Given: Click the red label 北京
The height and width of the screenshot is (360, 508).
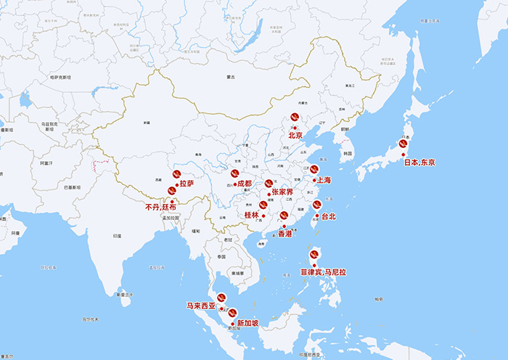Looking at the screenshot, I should [x=295, y=135].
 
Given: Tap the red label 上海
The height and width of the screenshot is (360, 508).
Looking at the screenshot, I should [x=323, y=179].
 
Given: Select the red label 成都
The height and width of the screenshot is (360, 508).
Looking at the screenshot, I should [x=244, y=184].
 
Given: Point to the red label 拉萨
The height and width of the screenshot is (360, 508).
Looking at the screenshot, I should [x=187, y=184].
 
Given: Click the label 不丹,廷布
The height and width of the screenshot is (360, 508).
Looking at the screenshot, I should [x=160, y=207].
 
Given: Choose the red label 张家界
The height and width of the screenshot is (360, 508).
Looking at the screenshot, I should [x=282, y=192].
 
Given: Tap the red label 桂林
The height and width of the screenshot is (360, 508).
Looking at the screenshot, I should [x=251, y=216].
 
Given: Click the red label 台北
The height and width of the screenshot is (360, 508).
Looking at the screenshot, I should [x=329, y=216].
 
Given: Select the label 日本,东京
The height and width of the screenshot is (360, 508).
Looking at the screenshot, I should [x=419, y=162].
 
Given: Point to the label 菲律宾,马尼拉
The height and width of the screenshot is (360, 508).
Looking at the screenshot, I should [x=324, y=273].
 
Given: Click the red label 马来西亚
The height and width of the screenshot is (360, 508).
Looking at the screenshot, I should [x=201, y=306].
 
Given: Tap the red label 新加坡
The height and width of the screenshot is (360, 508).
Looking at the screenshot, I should [x=247, y=323].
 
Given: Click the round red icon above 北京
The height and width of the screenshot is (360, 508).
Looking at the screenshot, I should [x=295, y=117].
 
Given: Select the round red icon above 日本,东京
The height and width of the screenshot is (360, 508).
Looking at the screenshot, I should [x=403, y=144].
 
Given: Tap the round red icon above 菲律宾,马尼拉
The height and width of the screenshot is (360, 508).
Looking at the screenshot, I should [x=315, y=255].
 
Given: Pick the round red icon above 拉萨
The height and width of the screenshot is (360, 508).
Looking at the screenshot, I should [x=176, y=175].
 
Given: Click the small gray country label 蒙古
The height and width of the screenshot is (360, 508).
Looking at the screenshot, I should [x=232, y=76].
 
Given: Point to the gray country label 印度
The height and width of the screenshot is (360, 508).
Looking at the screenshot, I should [x=118, y=236].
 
